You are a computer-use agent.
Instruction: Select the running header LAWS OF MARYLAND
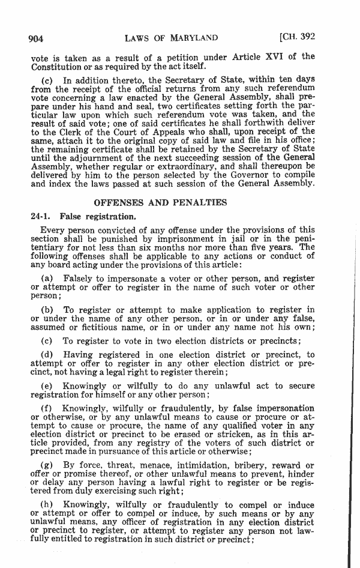click(x=171, y=38)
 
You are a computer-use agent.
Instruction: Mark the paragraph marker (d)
click(x=47, y=355)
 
